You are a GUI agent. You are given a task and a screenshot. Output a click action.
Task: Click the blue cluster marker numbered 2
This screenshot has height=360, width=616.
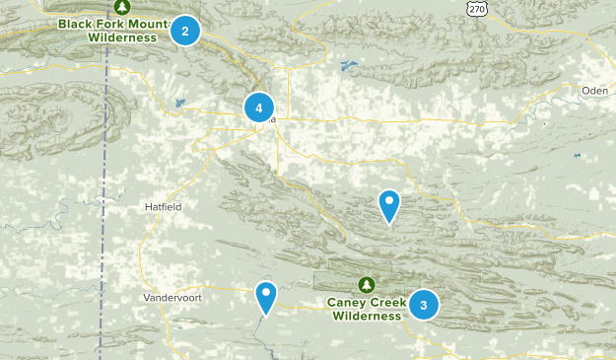(184, 32)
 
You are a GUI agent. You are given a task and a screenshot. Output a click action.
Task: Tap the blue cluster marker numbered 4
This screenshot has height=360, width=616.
(258, 108)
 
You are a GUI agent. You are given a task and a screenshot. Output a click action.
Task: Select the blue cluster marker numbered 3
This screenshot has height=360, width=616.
(423, 305)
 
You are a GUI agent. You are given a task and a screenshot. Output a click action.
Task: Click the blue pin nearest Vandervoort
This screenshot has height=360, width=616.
(265, 296)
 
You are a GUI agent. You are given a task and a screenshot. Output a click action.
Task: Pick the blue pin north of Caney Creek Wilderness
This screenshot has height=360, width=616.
(389, 205)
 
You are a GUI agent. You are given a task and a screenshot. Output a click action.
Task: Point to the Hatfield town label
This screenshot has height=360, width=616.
(163, 206)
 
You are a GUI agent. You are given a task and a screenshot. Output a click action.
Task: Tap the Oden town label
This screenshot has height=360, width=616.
(594, 91)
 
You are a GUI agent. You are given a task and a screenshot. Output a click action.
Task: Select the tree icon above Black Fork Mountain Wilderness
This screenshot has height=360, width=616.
(122, 6)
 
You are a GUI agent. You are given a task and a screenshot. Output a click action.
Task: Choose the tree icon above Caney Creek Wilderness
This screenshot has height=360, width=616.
(367, 285)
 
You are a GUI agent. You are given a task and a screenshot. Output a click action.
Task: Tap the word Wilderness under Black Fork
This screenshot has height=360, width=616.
(122, 37)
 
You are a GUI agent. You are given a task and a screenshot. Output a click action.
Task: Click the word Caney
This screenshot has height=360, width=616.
(348, 303)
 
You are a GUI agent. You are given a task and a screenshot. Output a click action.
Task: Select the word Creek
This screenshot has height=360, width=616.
(386, 303)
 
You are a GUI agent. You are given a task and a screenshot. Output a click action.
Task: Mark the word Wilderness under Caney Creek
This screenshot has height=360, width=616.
(367, 317)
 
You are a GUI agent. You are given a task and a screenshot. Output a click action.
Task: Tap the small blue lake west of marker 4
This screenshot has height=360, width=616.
(178, 103)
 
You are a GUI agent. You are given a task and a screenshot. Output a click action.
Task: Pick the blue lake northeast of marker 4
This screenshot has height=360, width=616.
(347, 67)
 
